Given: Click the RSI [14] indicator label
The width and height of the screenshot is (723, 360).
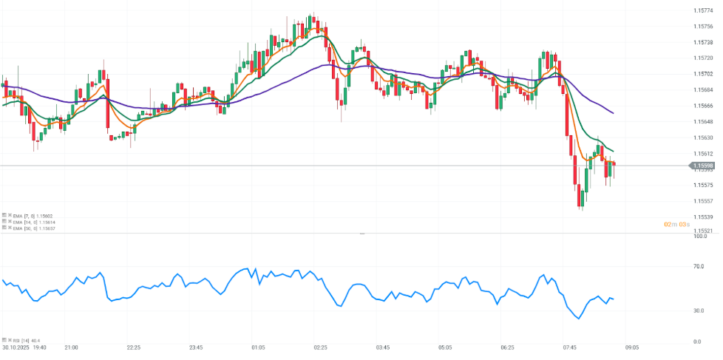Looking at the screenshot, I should click(27, 340).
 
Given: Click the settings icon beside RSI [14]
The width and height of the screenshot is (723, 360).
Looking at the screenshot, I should click(4, 340).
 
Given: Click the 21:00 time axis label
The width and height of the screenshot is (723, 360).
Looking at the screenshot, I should click(71, 347).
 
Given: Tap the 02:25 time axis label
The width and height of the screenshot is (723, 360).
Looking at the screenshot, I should click(320, 347).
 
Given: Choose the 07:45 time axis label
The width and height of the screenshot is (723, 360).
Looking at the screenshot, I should click(569, 347).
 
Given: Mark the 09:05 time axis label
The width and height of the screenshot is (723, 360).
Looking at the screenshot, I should click(632, 347).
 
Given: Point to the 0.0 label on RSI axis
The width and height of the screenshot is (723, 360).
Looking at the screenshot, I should click(697, 342).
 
